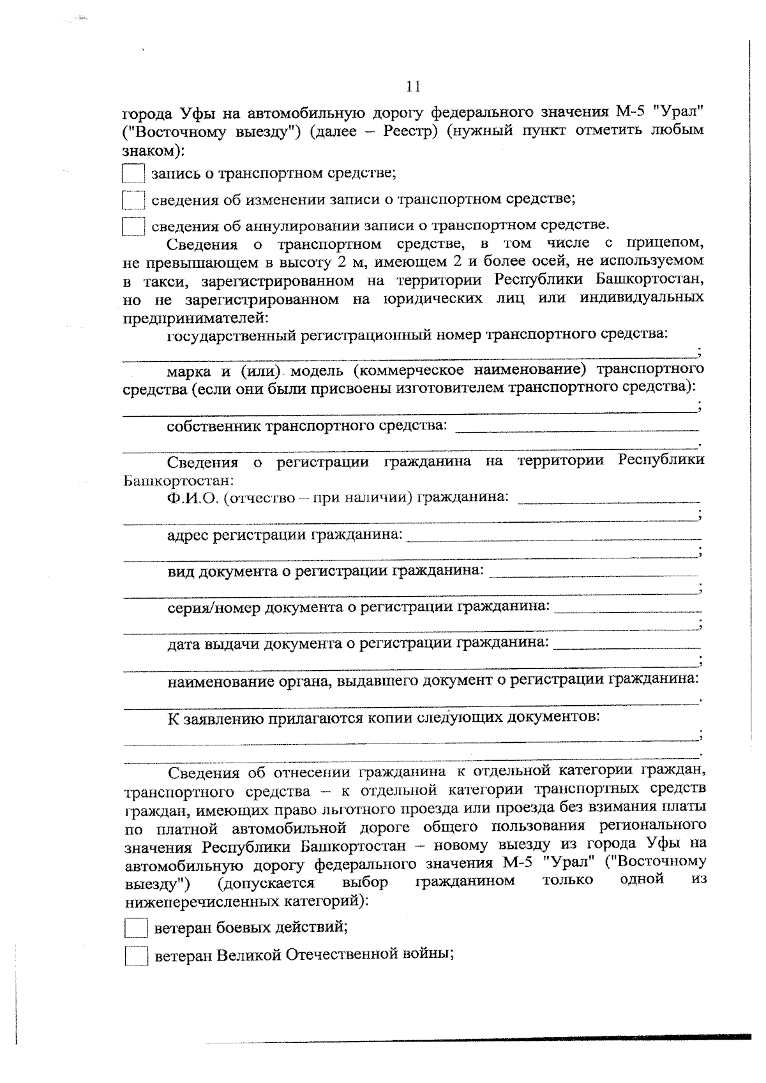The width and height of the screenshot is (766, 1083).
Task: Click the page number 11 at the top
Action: tap(413, 86)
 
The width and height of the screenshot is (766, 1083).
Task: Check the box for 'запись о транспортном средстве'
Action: tap(133, 174)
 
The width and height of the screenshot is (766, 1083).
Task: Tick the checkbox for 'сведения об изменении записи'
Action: tap(133, 200)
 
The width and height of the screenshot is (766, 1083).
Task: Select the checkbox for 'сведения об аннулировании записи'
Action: tap(133, 227)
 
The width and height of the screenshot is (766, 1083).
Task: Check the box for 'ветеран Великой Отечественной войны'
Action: tap(135, 956)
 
